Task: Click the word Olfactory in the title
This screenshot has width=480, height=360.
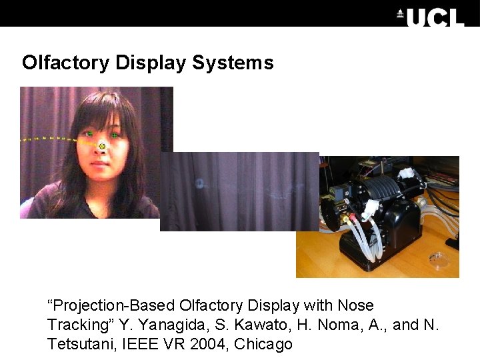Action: tap(65, 63)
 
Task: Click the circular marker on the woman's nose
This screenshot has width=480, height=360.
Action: tap(102, 145)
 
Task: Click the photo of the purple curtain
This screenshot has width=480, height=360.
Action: tap(240, 191)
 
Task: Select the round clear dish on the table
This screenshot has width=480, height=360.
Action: tap(438, 259)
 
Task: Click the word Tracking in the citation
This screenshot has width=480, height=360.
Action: tap(78, 325)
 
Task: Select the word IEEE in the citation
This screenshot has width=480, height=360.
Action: tap(137, 344)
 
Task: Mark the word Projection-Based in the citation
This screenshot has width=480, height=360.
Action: tap(111, 305)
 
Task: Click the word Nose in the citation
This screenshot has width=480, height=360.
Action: tap(356, 305)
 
